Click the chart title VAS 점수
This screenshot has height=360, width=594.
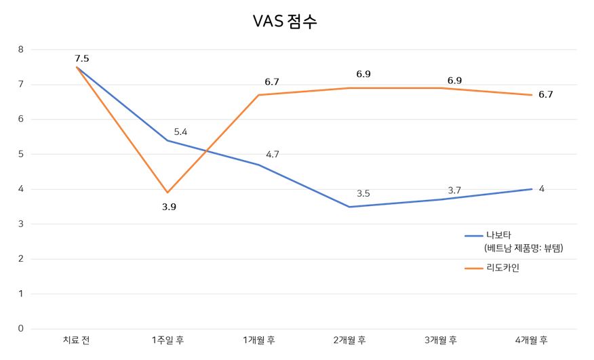[285, 22]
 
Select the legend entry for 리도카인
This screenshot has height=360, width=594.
[502, 268]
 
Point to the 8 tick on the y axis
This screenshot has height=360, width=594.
[20, 49]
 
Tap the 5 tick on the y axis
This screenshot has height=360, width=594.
[20, 154]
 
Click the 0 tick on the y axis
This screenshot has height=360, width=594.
[20, 329]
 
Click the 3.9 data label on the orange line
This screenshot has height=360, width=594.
[169, 207]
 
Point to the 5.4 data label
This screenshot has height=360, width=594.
[181, 132]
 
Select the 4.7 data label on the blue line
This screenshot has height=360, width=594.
[273, 155]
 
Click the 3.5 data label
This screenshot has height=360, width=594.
[363, 193]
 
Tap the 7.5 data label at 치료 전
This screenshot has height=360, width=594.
[82, 58]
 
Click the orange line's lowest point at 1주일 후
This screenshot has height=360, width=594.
[167, 193]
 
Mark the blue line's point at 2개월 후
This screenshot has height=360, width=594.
[349, 207]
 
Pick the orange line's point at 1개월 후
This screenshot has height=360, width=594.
[258, 95]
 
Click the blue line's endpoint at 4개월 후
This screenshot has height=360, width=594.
[531, 189]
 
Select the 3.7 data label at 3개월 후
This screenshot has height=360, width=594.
[454, 191]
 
